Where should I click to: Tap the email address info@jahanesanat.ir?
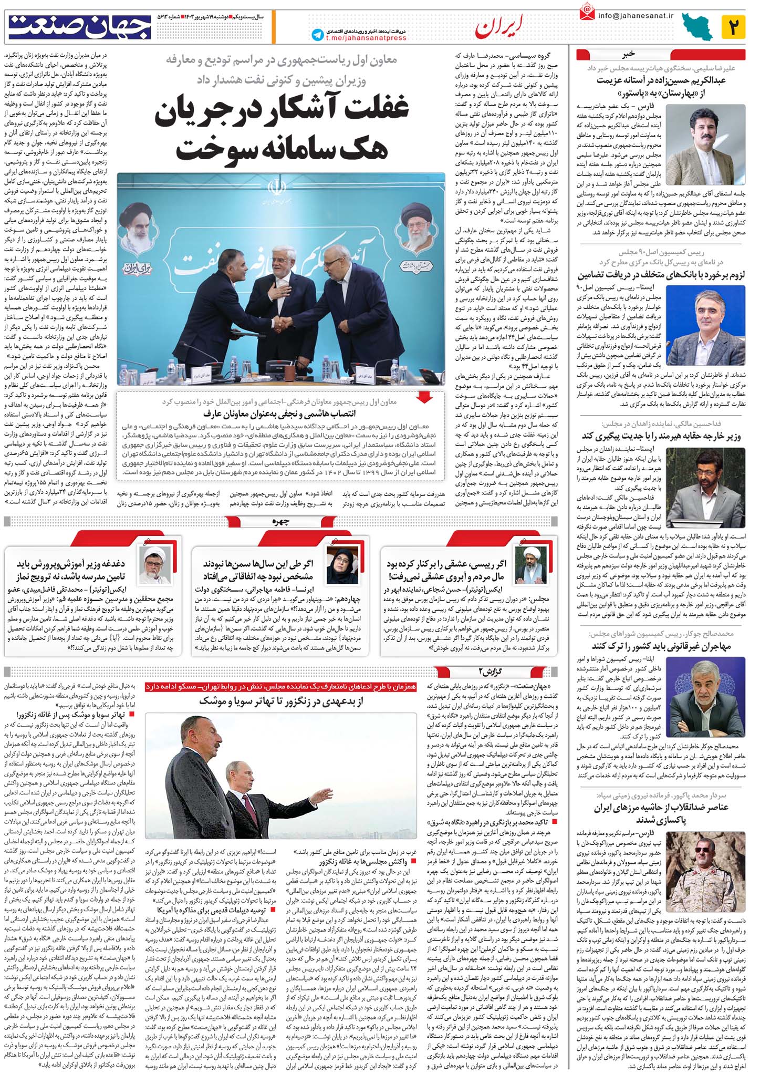tap(635, 16)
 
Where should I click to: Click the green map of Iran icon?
tap(697, 27)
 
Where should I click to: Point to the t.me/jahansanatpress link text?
tap(366, 38)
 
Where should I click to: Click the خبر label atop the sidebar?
tap(629, 54)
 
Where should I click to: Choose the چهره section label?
tap(281, 522)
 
